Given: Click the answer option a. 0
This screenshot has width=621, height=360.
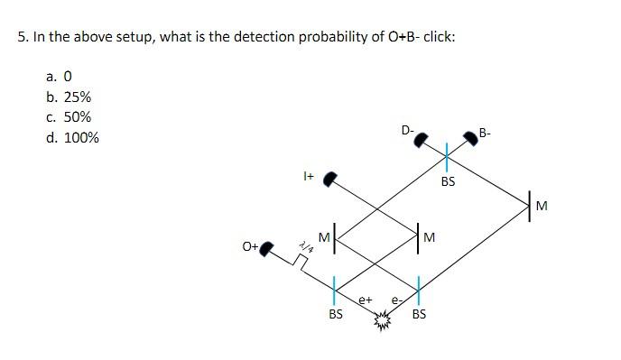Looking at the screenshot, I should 63,76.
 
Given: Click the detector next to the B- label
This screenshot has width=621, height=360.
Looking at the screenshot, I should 469,138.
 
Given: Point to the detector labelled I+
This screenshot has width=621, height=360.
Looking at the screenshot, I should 331,180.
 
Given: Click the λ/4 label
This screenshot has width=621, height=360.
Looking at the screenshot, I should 305,243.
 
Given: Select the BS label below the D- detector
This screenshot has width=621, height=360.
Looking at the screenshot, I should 448,181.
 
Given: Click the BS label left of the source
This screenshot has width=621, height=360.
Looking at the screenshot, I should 335,315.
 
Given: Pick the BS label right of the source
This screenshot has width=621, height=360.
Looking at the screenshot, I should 419,315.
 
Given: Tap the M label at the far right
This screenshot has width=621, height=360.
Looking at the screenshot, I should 542,206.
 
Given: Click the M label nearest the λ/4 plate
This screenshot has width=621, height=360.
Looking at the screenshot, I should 322,236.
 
